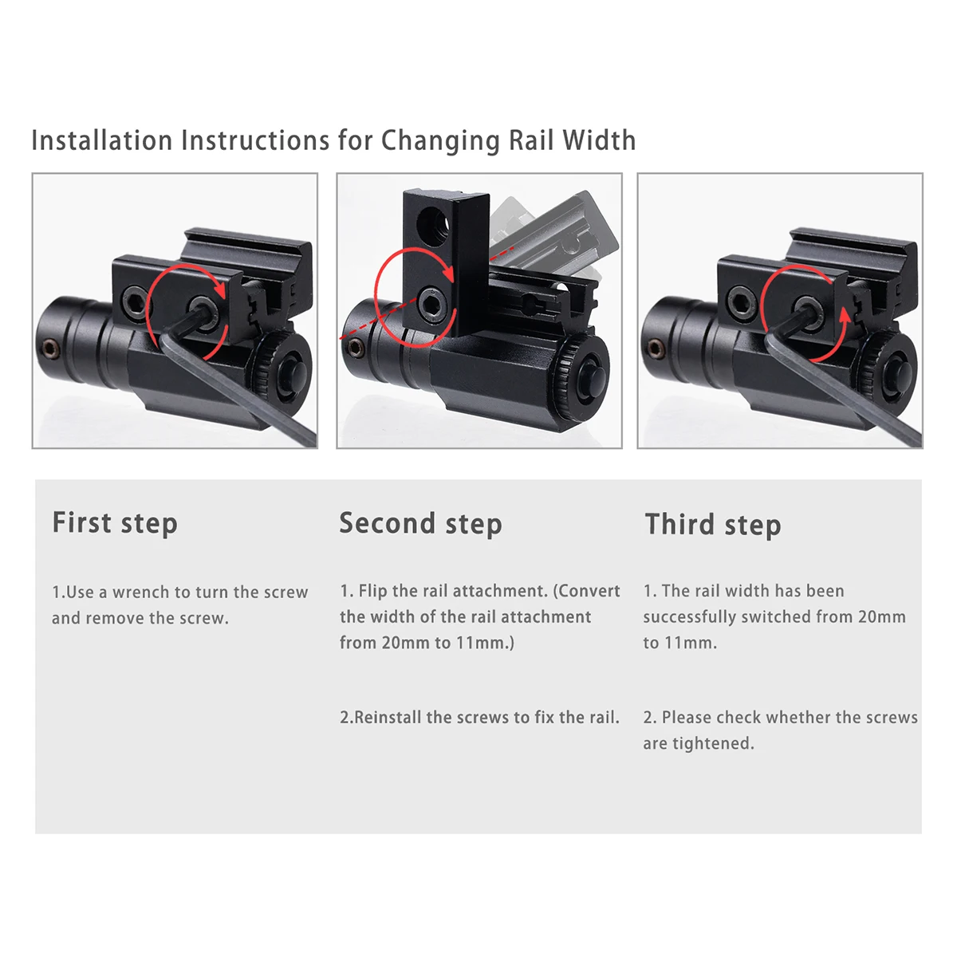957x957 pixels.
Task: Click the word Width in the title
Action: coord(599,140)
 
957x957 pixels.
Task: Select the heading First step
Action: coord(115,523)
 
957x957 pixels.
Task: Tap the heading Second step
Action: coord(420,524)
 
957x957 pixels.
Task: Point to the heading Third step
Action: coord(713,525)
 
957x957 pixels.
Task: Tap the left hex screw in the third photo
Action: coord(738,300)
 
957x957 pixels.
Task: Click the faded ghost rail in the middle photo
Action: coord(558,231)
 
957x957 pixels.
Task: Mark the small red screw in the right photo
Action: coord(656,349)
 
